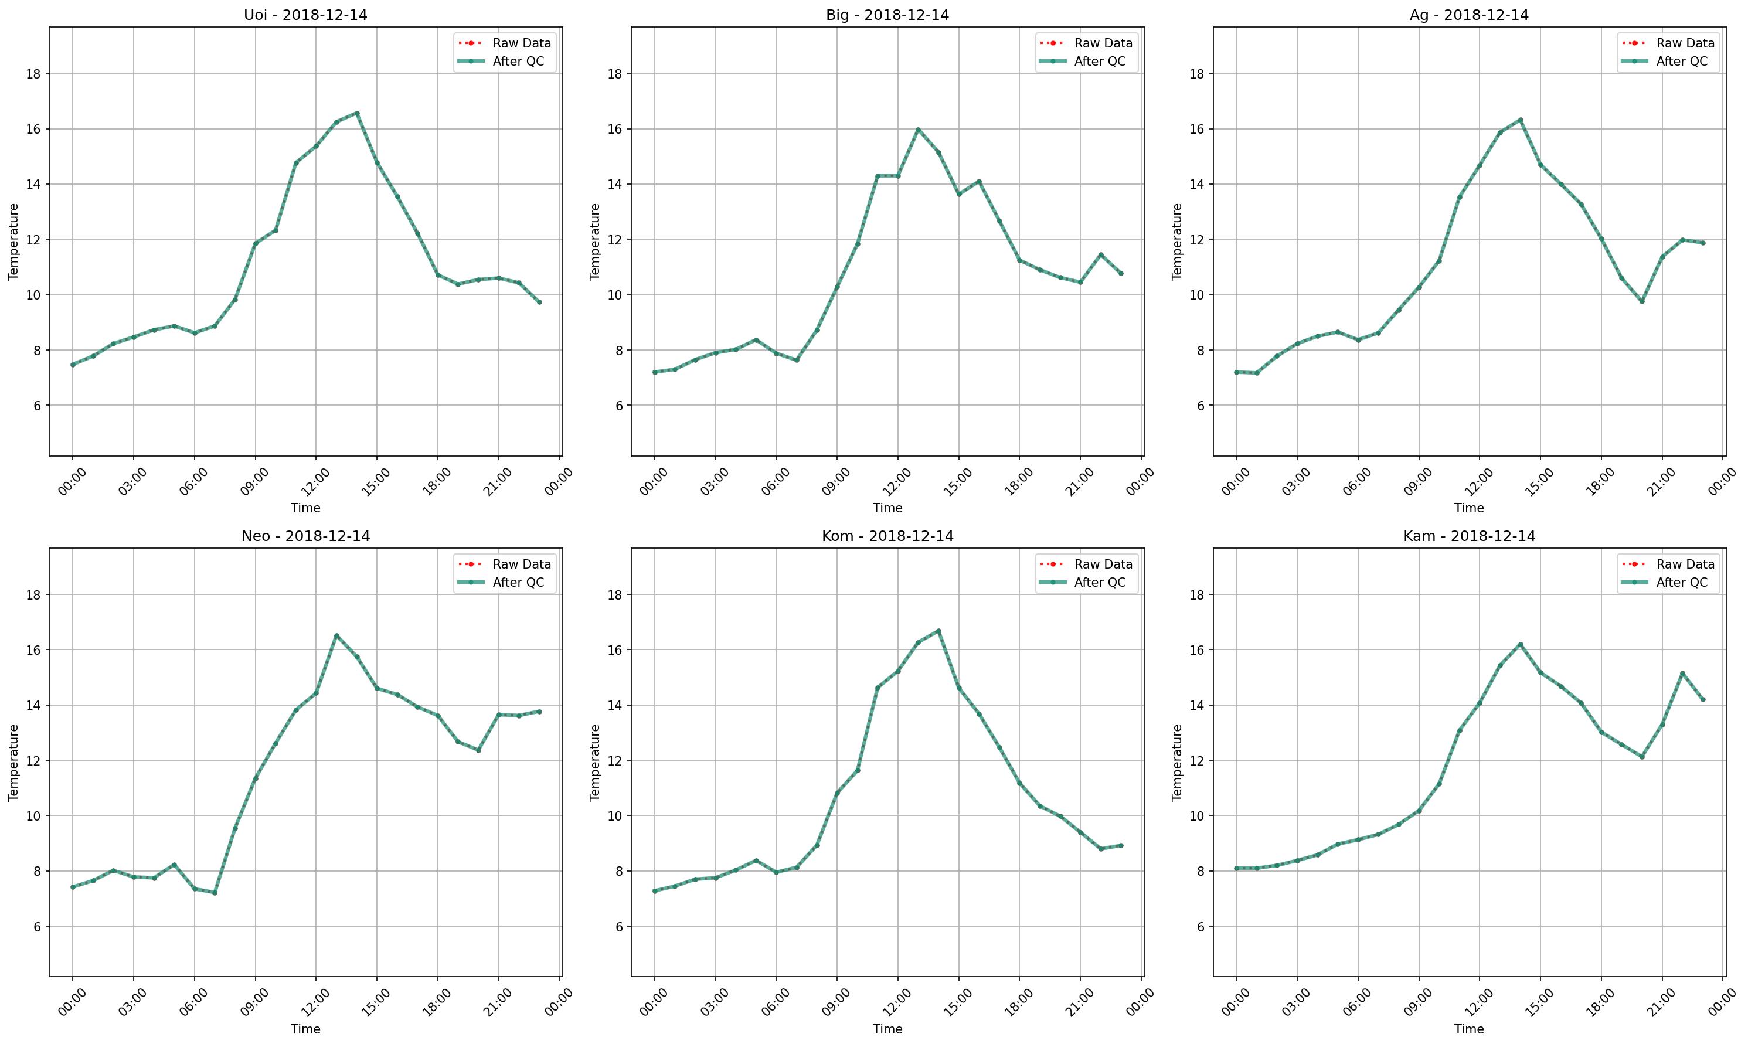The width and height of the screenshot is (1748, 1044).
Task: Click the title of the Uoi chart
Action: click(305, 15)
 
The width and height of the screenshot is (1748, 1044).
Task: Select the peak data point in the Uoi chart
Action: click(356, 113)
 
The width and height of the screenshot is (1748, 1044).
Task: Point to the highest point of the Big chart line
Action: click(918, 130)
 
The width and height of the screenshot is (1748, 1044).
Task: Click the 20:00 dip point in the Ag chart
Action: click(1642, 301)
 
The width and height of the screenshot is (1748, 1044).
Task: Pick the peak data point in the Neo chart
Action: click(336, 635)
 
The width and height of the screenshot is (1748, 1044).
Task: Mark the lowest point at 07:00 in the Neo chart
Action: click(215, 893)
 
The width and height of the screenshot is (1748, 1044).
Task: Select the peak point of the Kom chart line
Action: click(938, 631)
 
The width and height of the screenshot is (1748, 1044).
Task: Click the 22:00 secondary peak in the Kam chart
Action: click(1682, 674)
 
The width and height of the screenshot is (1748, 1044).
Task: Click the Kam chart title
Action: click(1469, 536)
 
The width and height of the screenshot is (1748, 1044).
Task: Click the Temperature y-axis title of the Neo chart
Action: click(13, 763)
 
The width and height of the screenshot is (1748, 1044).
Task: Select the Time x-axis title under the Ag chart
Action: click(1469, 508)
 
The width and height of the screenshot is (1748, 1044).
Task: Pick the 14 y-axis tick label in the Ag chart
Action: click(1196, 184)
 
